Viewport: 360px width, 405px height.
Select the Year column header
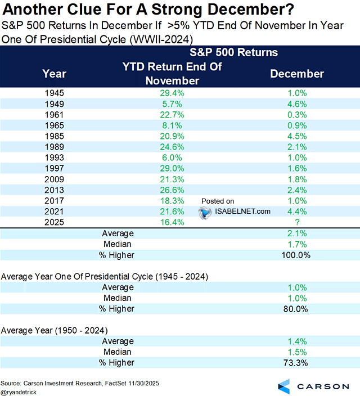tap(55, 74)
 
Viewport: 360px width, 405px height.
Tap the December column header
tap(297, 74)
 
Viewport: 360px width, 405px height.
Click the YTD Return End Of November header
tap(172, 74)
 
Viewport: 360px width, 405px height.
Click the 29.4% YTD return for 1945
tap(172, 93)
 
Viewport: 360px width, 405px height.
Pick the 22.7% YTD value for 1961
tap(172, 114)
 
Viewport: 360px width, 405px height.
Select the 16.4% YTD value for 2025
tap(172, 222)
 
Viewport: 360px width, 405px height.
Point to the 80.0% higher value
tap(296, 308)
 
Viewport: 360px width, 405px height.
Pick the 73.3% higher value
tap(296, 362)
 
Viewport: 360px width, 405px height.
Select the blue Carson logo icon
tap(284, 386)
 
